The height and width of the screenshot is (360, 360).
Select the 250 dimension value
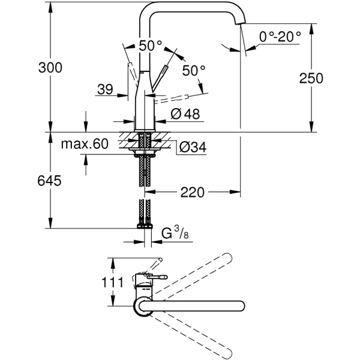point(311,78)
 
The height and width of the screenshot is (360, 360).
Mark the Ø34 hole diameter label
point(191,146)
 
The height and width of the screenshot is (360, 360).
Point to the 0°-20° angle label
point(280,37)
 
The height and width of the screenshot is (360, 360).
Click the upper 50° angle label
point(150,46)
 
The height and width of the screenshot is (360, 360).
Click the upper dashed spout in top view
point(198,273)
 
